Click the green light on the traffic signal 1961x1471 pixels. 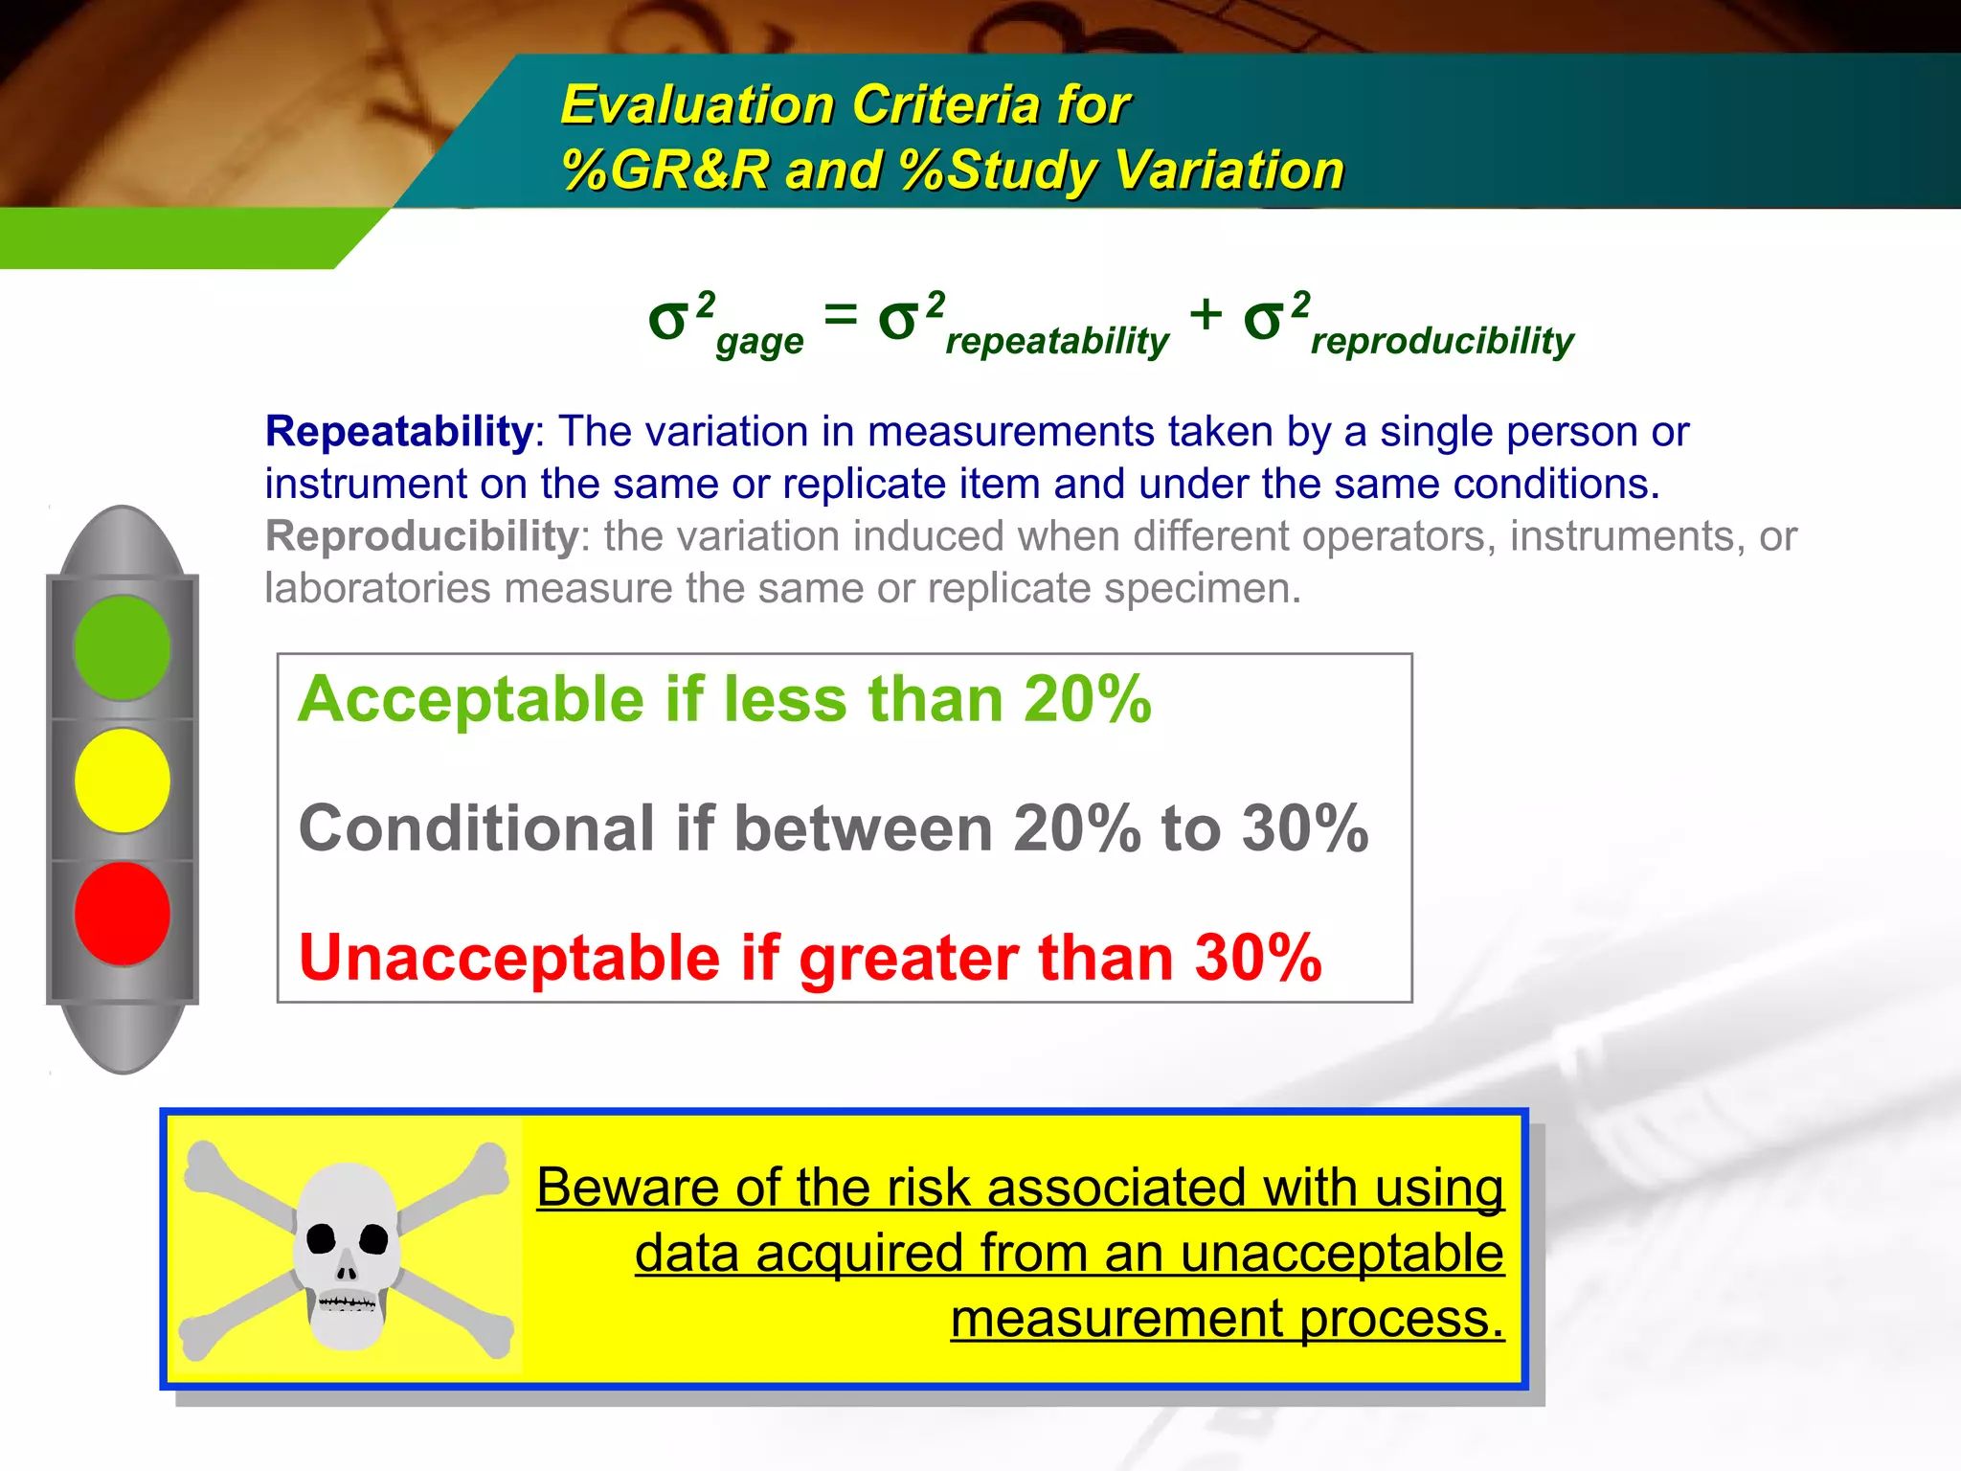coord(123,648)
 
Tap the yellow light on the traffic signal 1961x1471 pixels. coord(123,781)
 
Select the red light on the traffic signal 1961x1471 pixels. coord(123,913)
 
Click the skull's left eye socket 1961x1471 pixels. coord(321,1239)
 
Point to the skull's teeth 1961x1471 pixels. coord(347,1302)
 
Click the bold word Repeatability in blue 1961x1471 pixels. coord(398,432)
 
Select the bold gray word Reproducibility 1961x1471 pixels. coord(421,536)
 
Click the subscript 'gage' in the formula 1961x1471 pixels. coord(759,342)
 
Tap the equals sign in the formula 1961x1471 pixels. coord(840,314)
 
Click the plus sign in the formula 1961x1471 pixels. coord(1206,314)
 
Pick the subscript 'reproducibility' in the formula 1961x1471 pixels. coord(1441,341)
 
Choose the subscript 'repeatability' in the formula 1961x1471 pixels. coord(1056,341)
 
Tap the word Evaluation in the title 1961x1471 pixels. coord(697,104)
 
